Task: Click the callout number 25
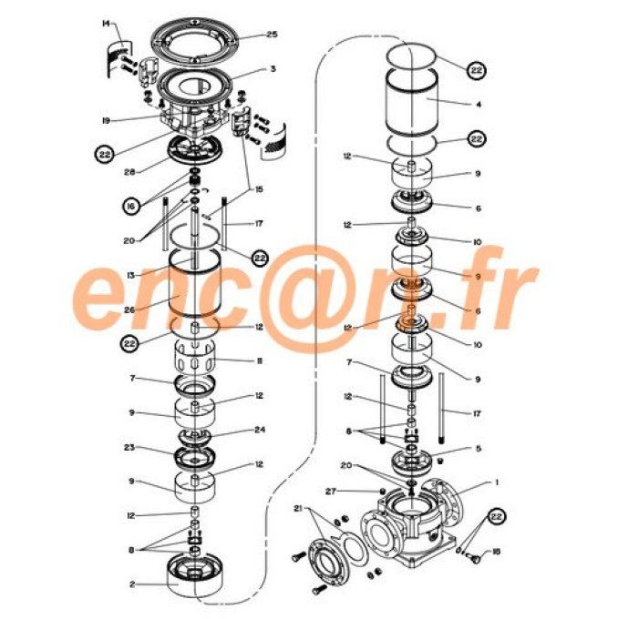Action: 272,35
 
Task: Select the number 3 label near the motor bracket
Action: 272,69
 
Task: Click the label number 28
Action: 129,172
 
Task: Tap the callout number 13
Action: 131,275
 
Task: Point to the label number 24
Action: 260,431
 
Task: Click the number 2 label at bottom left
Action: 133,584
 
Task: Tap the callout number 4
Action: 478,104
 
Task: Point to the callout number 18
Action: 496,552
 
